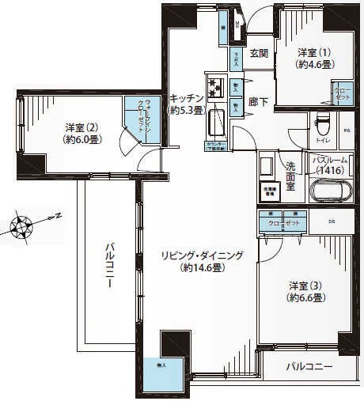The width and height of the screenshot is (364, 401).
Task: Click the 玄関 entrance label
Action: [x=258, y=54]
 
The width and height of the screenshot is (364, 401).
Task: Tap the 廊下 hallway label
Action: [x=258, y=102]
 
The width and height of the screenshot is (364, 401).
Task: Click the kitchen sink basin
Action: [x=216, y=123]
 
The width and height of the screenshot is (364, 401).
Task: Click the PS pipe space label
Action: [x=346, y=130]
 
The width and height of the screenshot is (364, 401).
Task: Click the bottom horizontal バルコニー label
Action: [x=309, y=368]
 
